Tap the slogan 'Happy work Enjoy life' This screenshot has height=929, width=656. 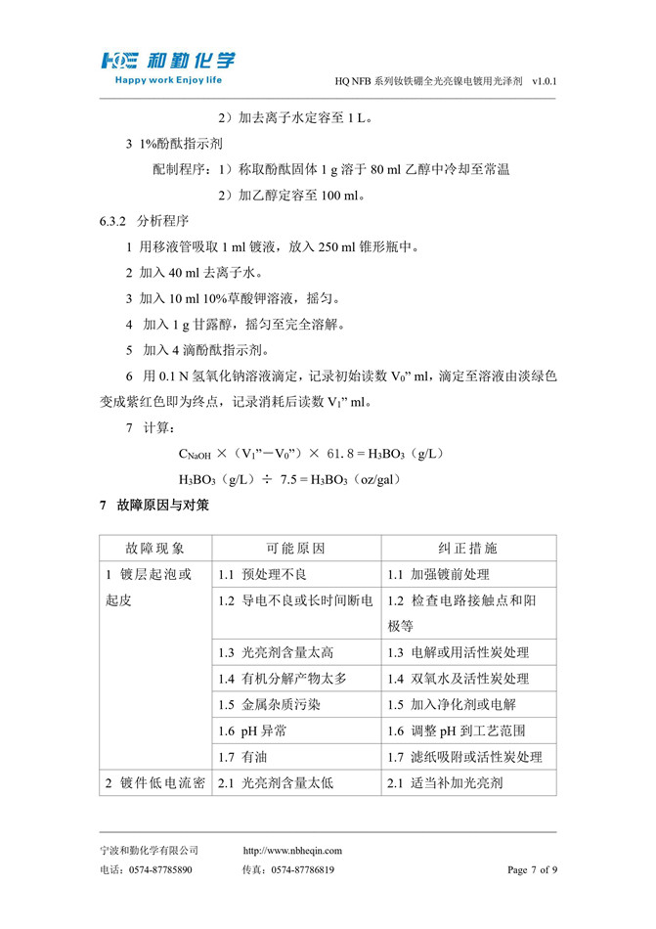click(x=169, y=80)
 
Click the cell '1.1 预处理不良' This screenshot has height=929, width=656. click(x=262, y=574)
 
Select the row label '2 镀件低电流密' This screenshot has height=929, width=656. click(x=154, y=782)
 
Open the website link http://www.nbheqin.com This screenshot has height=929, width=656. click(x=292, y=851)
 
